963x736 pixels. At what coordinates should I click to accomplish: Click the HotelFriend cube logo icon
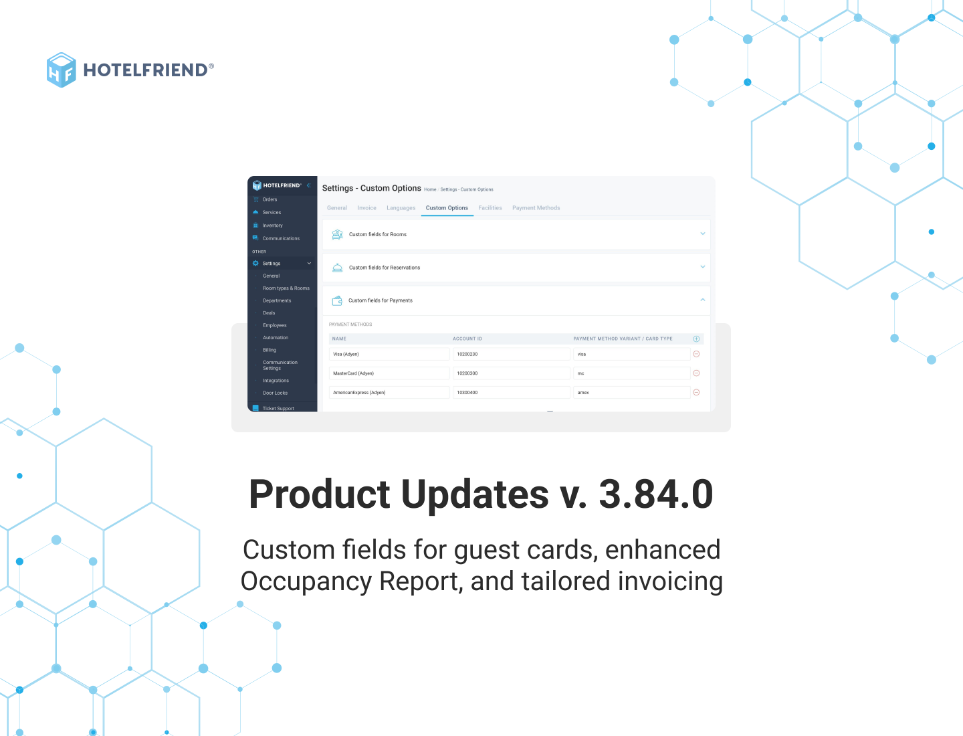pyautogui.click(x=61, y=70)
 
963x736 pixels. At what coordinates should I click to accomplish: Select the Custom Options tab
pyautogui.click(x=447, y=208)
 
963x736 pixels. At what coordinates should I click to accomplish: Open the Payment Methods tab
pyautogui.click(x=536, y=208)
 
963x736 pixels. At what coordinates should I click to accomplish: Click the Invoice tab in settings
pyautogui.click(x=366, y=208)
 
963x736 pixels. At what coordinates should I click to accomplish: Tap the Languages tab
pyautogui.click(x=401, y=208)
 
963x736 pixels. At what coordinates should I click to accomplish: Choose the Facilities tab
pyautogui.click(x=490, y=208)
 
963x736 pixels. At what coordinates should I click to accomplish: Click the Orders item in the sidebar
pyautogui.click(x=270, y=199)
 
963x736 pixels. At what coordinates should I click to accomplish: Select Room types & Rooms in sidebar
pyautogui.click(x=286, y=288)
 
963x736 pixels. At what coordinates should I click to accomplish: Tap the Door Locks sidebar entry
pyautogui.click(x=275, y=393)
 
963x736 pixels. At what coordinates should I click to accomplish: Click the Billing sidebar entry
pyautogui.click(x=270, y=350)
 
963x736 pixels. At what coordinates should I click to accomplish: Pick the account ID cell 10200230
pyautogui.click(x=512, y=354)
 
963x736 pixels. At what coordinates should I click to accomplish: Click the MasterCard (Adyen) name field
pyautogui.click(x=390, y=373)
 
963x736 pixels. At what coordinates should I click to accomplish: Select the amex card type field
pyautogui.click(x=631, y=393)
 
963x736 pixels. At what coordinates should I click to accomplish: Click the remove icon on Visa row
pyautogui.click(x=696, y=354)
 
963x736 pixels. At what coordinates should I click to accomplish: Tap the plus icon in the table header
pyautogui.click(x=696, y=339)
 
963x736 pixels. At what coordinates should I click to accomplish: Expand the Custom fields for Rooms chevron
pyautogui.click(x=702, y=234)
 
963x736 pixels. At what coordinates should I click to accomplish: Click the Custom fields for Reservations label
pyautogui.click(x=385, y=268)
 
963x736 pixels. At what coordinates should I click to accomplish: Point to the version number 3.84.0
pyautogui.click(x=655, y=495)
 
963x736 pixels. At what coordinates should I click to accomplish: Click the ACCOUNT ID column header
pyautogui.click(x=467, y=339)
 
